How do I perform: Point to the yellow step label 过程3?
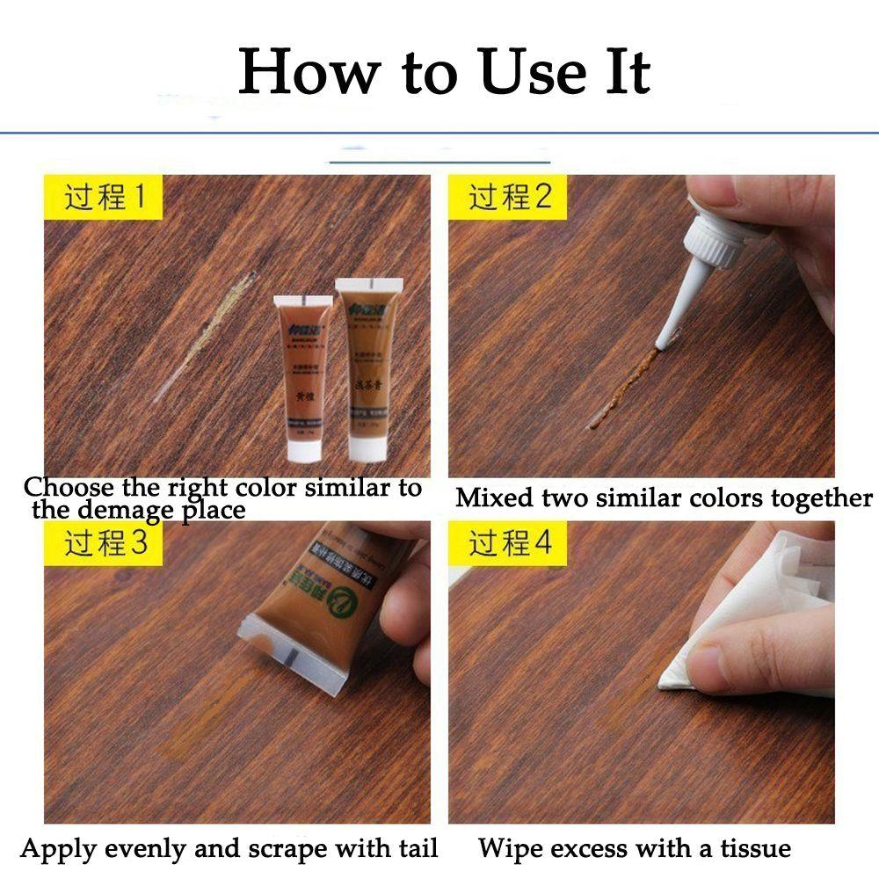pyautogui.click(x=104, y=543)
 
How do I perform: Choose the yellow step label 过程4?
pyautogui.click(x=509, y=543)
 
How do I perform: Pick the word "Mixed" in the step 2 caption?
pyautogui.click(x=494, y=498)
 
